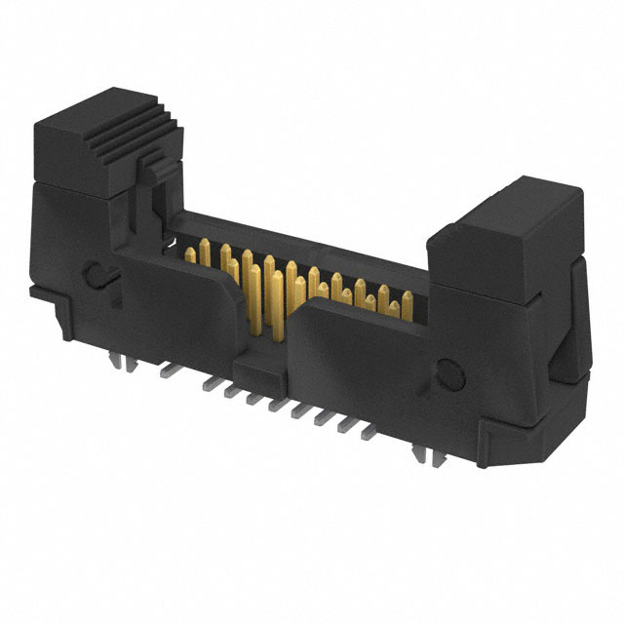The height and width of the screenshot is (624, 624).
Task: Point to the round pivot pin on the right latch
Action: [449, 372]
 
